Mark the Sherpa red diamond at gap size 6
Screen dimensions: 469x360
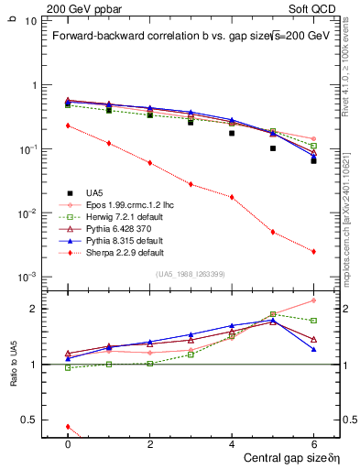coord(313,251)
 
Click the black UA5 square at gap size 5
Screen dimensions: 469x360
coord(273,147)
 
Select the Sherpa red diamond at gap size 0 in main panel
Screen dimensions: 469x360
coord(68,125)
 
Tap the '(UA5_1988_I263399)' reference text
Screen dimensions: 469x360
coord(191,275)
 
